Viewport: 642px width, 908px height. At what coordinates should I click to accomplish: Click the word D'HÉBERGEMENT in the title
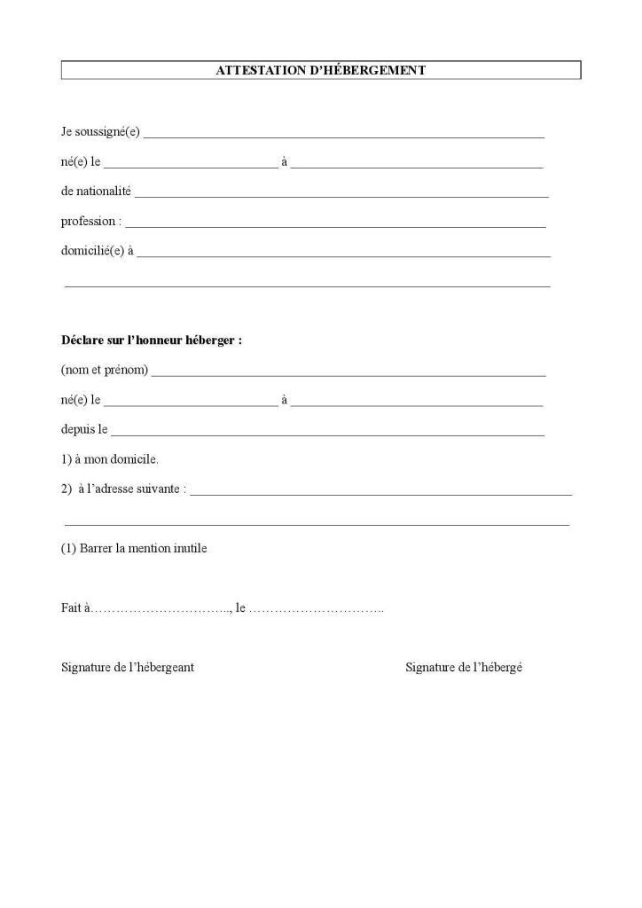click(365, 70)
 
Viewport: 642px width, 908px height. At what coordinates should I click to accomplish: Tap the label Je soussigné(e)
click(100, 132)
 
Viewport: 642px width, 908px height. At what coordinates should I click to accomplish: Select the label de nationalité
click(96, 192)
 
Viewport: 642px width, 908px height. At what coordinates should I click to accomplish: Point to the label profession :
click(91, 222)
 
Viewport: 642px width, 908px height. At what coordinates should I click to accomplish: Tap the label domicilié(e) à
click(97, 251)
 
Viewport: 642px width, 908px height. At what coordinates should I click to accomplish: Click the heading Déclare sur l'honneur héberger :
click(151, 340)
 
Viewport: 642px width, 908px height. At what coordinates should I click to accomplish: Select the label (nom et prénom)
click(104, 370)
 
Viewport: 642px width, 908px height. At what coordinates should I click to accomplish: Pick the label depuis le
click(84, 430)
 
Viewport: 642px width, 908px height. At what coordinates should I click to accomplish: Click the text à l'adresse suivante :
click(132, 489)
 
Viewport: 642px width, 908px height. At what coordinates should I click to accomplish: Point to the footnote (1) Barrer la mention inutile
click(133, 549)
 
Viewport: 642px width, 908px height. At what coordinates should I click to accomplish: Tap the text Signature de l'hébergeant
click(128, 668)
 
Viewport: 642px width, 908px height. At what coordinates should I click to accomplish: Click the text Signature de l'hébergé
click(464, 668)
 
